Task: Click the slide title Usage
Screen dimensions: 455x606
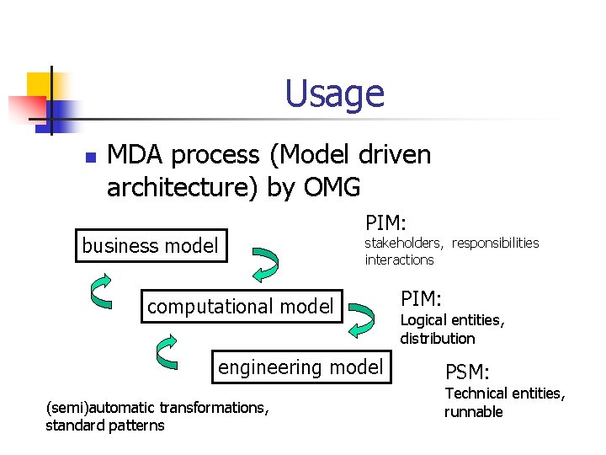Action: click(334, 94)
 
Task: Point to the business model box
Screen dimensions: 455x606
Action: click(151, 246)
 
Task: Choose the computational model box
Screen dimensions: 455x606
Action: click(241, 307)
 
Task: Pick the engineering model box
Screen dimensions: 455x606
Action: click(300, 367)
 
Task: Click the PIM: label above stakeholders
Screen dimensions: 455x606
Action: click(386, 222)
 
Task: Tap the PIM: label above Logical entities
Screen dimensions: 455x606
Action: click(422, 299)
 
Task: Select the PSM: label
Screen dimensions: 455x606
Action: click(467, 372)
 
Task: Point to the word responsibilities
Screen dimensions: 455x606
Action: click(495, 243)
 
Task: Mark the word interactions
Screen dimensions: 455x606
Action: click(400, 260)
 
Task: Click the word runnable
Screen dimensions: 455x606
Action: click(474, 412)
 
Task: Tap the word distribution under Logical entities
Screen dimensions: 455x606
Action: click(438, 338)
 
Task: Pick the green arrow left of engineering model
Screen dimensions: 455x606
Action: click(168, 352)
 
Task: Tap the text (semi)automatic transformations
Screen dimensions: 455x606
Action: click(157, 408)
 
